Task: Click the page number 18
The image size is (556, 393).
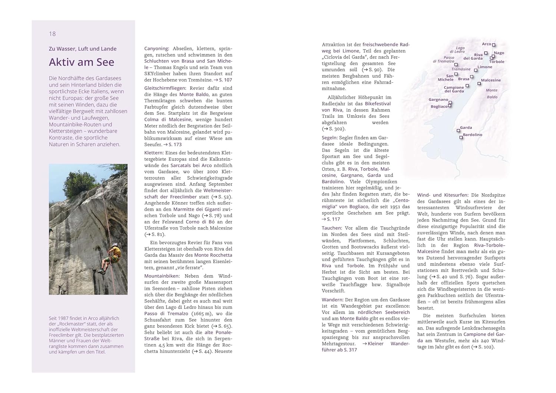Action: coord(52,34)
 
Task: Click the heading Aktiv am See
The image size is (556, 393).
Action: coord(82,62)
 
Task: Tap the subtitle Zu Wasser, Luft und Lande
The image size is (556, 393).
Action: coord(83,49)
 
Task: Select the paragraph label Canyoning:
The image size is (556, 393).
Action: coord(156,49)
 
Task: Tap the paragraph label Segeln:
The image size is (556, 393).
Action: coord(330,137)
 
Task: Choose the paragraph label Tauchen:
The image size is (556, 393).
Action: coord(332,228)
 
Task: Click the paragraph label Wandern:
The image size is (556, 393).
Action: coord(332,300)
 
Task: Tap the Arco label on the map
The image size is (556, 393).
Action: coord(486,44)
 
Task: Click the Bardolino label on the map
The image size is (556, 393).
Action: coord(473,135)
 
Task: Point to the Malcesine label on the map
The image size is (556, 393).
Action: coord(491,80)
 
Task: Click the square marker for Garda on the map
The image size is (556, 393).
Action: coord(458,130)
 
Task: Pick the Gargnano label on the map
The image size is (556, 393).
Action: coord(438,100)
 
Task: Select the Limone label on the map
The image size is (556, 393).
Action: coord(485,67)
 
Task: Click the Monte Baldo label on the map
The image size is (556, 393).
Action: coord(492,93)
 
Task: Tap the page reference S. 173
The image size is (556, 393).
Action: coord(175,144)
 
